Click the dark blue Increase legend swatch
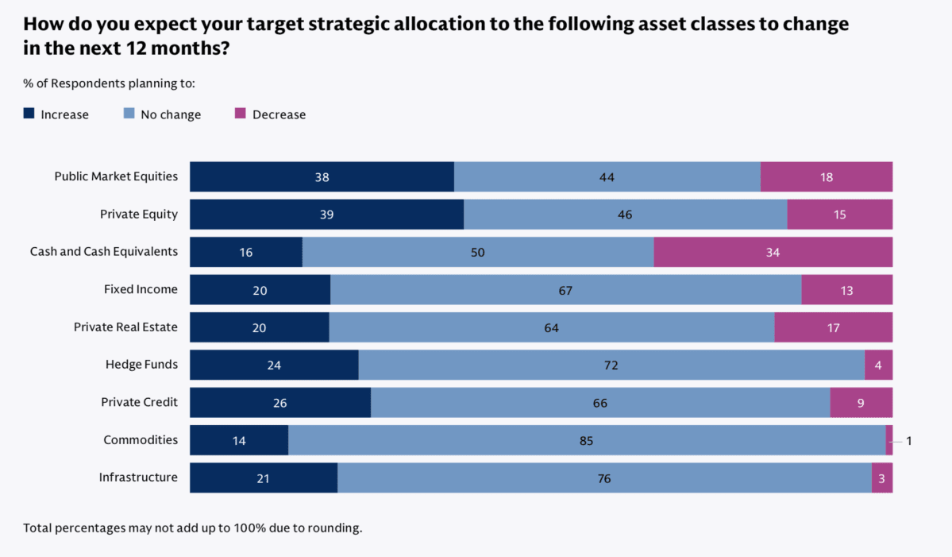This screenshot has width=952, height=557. point(29,114)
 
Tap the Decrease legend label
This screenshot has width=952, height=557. point(279,114)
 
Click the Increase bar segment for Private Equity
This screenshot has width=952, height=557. point(326,215)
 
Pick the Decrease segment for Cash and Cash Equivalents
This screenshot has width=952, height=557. point(773,252)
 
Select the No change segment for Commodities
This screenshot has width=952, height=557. point(586,440)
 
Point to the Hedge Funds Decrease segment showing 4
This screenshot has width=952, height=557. point(878,365)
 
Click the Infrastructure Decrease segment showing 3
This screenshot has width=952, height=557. point(881,478)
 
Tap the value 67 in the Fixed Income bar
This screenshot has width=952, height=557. point(565,290)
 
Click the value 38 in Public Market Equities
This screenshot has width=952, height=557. point(322,177)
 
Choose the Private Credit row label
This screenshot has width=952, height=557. point(139,402)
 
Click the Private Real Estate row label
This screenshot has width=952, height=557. point(125,327)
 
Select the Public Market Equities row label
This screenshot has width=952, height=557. point(116,176)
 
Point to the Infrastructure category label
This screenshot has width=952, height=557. point(138,478)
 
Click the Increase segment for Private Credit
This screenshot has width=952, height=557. point(279,403)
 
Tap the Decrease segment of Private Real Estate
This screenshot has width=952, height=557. point(833,327)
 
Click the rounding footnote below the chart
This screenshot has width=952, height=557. point(192,528)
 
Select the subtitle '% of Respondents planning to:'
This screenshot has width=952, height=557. point(109,83)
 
